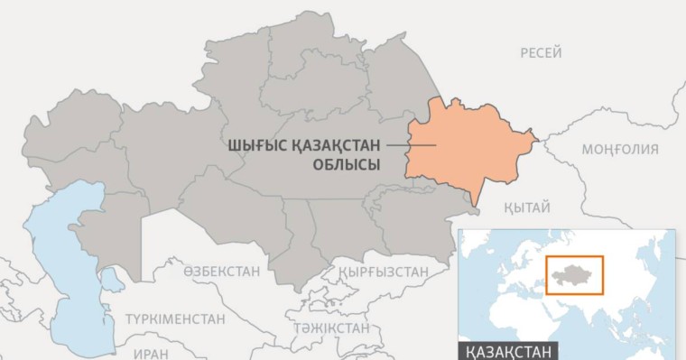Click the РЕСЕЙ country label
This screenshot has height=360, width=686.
coord(541,53)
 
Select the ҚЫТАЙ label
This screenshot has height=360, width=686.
coord(528,208)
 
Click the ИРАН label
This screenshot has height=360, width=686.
coord(150,355)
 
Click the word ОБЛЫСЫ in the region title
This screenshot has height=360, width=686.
coord(346,164)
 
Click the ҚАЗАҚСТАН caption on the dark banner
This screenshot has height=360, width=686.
coord(508,351)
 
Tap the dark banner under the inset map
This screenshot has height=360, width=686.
coord(569,351)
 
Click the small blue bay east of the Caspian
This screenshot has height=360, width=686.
coord(112,281)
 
